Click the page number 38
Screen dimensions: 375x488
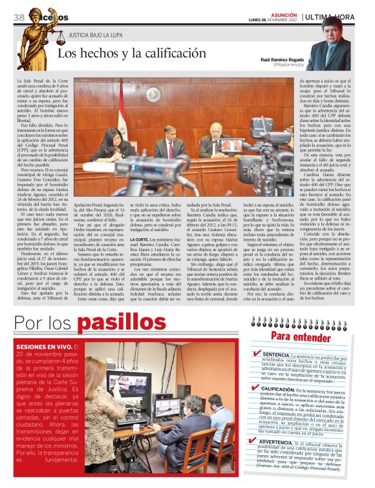18,16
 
